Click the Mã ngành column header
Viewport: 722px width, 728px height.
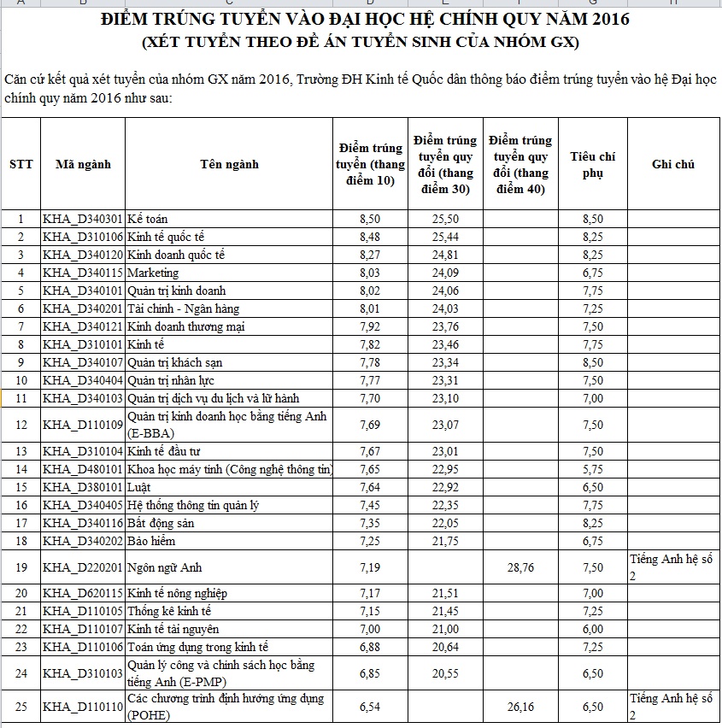[83, 164]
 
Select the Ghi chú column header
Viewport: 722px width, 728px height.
[672, 164]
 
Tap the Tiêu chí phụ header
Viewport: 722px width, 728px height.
[592, 164]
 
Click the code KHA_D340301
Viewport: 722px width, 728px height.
[83, 219]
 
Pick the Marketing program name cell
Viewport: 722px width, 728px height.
[153, 273]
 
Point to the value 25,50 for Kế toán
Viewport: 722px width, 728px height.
[445, 219]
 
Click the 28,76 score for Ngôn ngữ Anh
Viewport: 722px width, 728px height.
[519, 567]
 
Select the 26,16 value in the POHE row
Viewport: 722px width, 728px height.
[519, 707]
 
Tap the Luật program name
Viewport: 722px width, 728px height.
[140, 487]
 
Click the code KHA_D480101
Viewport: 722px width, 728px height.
[83, 469]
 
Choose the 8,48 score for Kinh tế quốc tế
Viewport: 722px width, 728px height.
[370, 237]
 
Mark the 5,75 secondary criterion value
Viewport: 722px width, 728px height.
[592, 469]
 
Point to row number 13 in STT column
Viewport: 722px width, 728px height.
[21, 451]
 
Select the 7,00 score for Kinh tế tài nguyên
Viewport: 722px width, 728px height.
[370, 629]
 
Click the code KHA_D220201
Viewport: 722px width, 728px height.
[83, 567]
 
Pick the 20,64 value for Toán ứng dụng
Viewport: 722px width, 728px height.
[445, 647]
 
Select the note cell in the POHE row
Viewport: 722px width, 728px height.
[672, 706]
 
